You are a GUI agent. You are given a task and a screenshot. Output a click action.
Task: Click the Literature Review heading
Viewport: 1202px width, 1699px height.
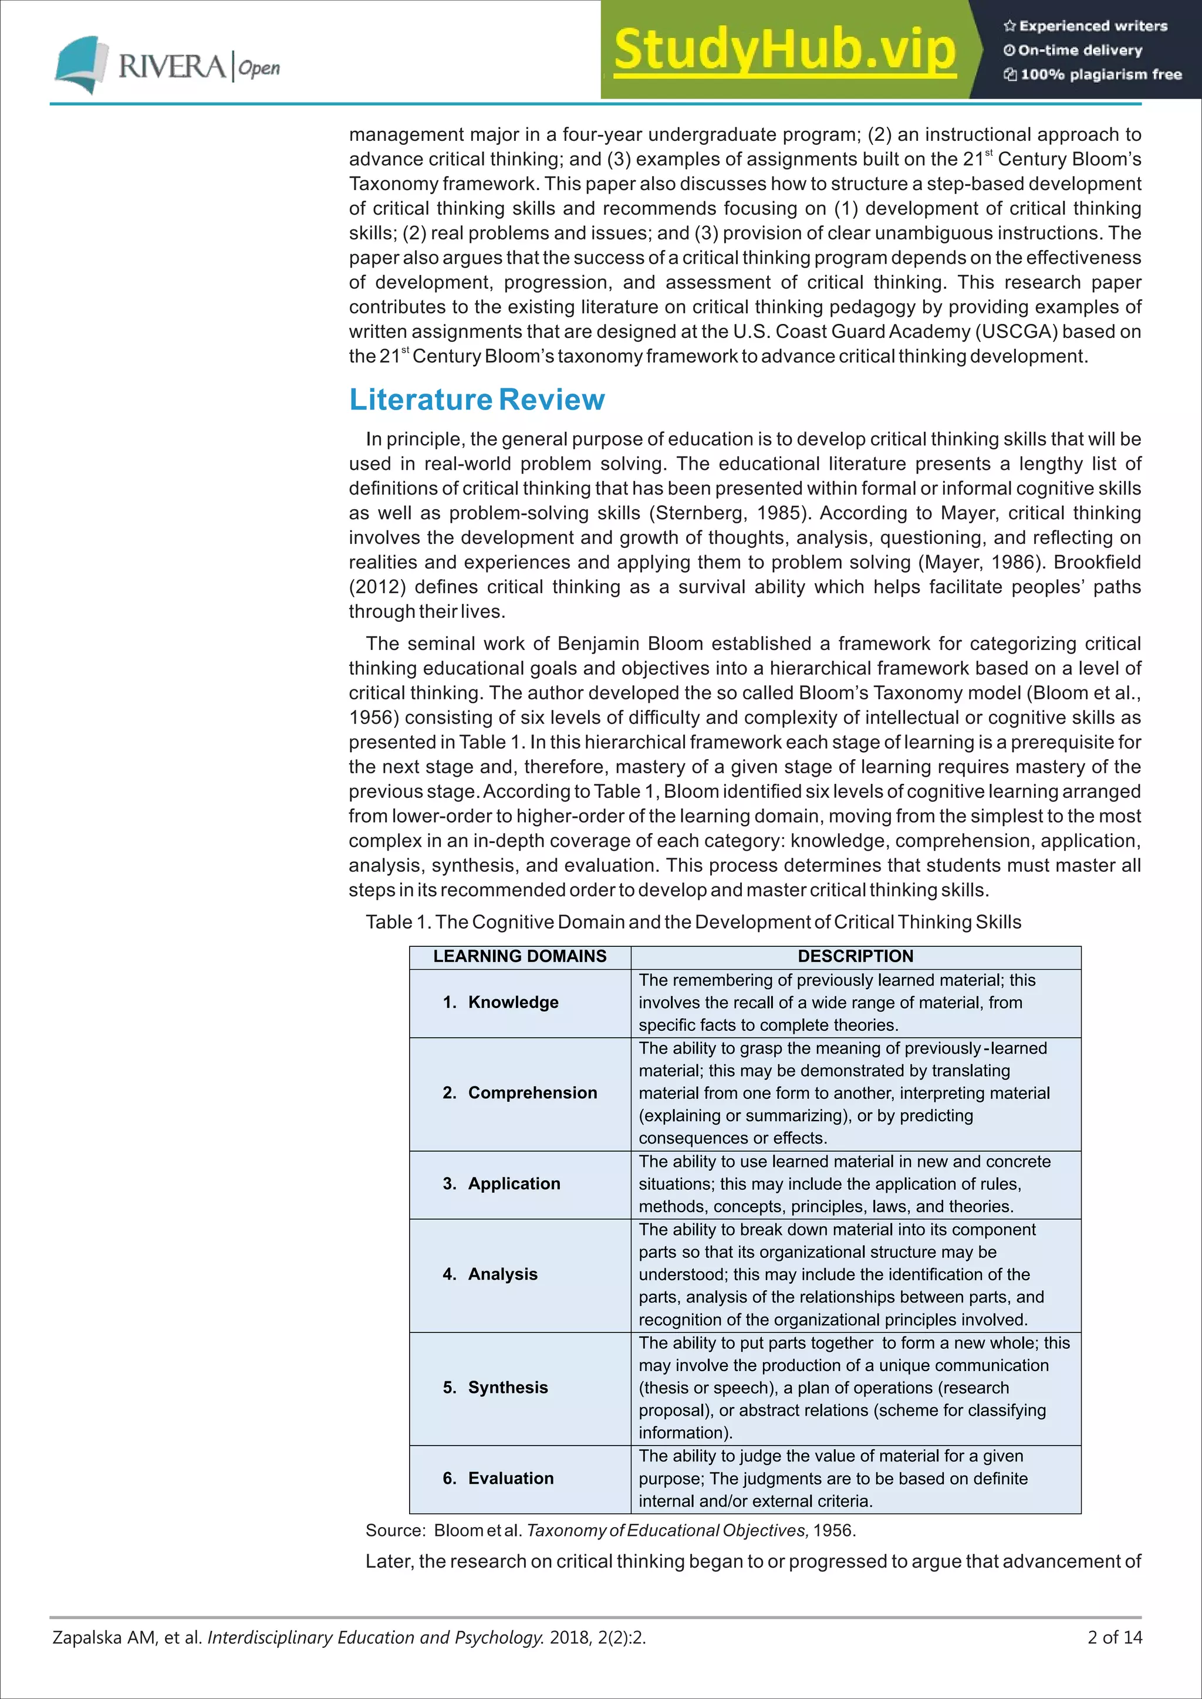click(x=477, y=400)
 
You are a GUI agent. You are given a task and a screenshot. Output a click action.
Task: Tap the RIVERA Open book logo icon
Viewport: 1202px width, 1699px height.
click(x=77, y=63)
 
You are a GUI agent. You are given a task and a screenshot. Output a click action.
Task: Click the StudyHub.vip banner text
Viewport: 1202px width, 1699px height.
click(x=785, y=50)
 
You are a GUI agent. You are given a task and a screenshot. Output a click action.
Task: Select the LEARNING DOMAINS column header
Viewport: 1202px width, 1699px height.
click(x=519, y=956)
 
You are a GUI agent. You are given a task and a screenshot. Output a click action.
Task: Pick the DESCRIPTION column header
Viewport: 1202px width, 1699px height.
click(x=855, y=956)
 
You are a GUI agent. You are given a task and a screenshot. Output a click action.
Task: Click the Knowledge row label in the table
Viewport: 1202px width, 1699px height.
click(x=513, y=1002)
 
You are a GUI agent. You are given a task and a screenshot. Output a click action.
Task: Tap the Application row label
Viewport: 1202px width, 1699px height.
click(x=514, y=1183)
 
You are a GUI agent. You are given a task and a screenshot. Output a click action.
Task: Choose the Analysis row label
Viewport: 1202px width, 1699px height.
click(x=502, y=1274)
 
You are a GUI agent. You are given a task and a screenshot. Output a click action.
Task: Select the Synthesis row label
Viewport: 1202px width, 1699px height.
click(x=508, y=1387)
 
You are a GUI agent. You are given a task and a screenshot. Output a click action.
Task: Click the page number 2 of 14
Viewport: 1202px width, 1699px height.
click(x=1114, y=1637)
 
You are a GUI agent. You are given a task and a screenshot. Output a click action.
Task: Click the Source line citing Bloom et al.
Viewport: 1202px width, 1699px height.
click(x=610, y=1529)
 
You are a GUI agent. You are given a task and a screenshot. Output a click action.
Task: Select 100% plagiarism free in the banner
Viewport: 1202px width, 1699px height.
click(x=1100, y=74)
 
